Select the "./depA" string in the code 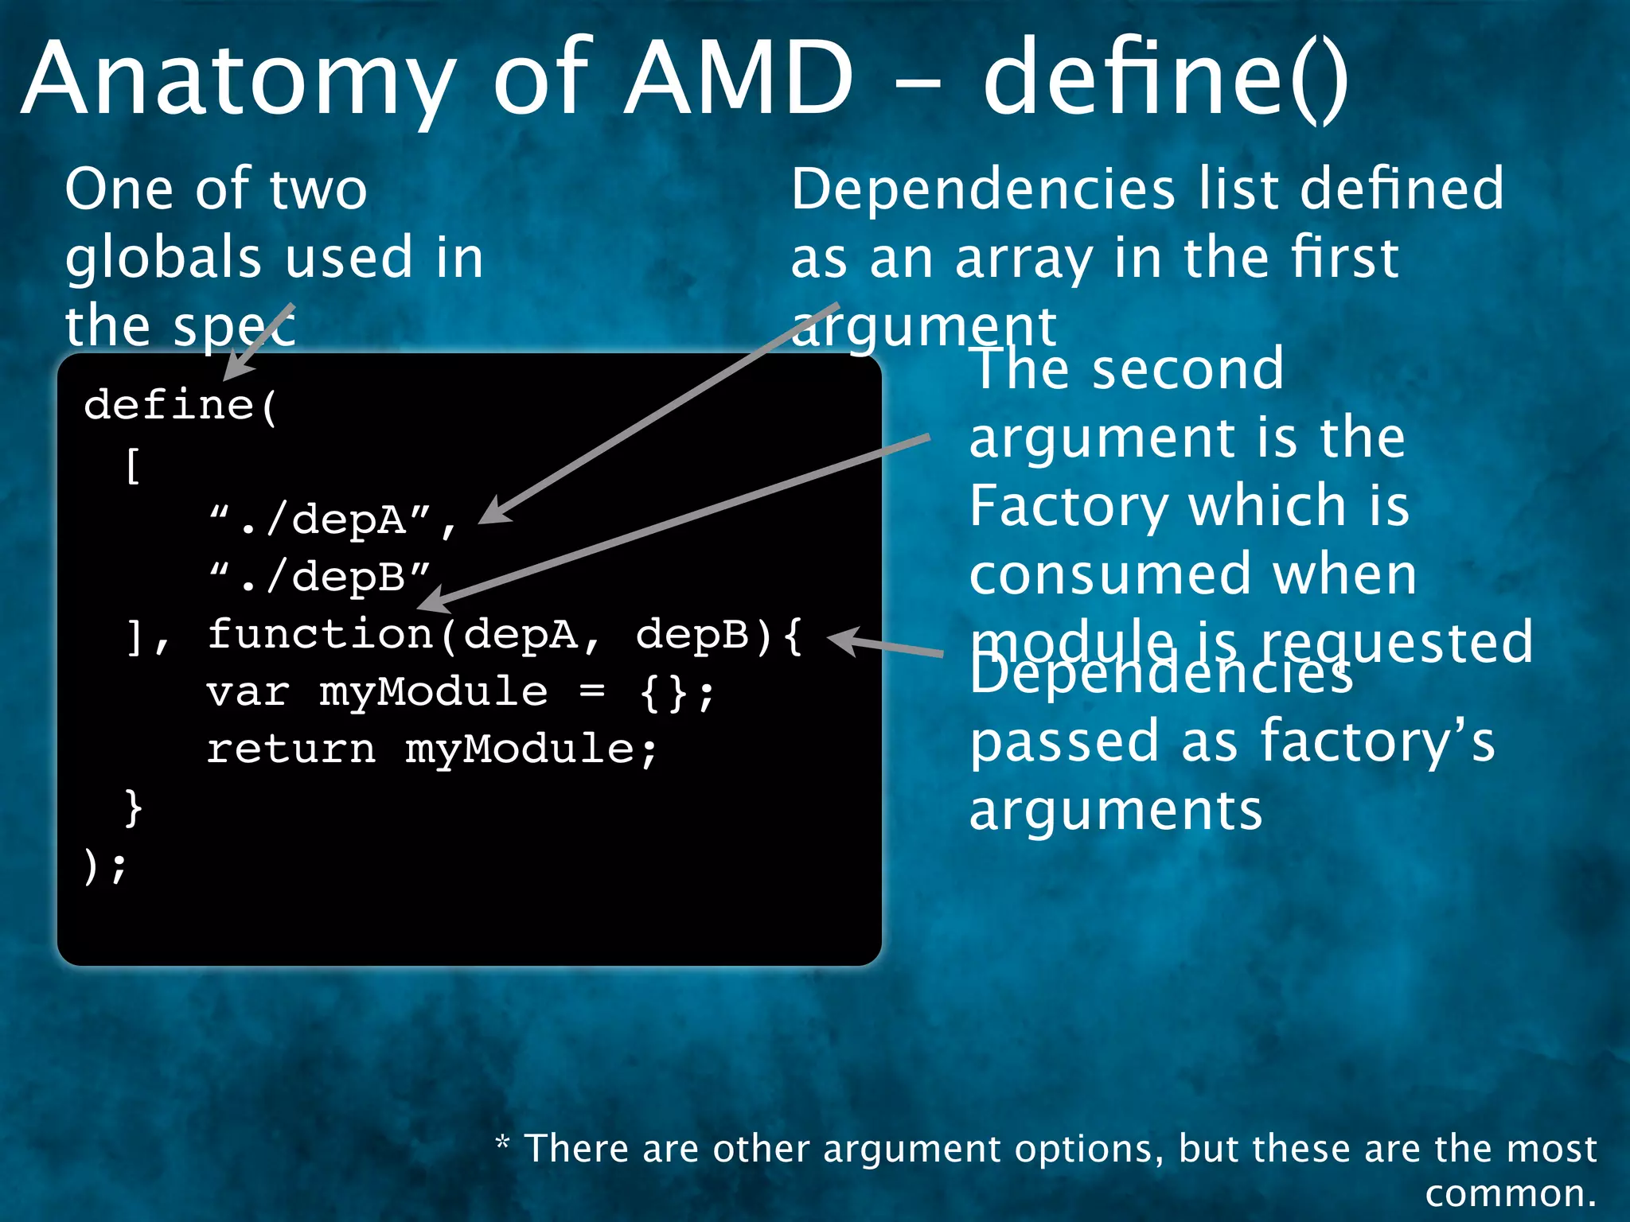(x=322, y=521)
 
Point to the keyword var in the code (x=248, y=692)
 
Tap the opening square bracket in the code (x=134, y=465)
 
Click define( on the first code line (x=180, y=406)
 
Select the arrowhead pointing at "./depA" (x=493, y=512)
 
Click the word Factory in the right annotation (x=1067, y=507)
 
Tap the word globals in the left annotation (x=163, y=258)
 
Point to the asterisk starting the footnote (x=502, y=1143)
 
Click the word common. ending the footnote (x=1510, y=1193)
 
